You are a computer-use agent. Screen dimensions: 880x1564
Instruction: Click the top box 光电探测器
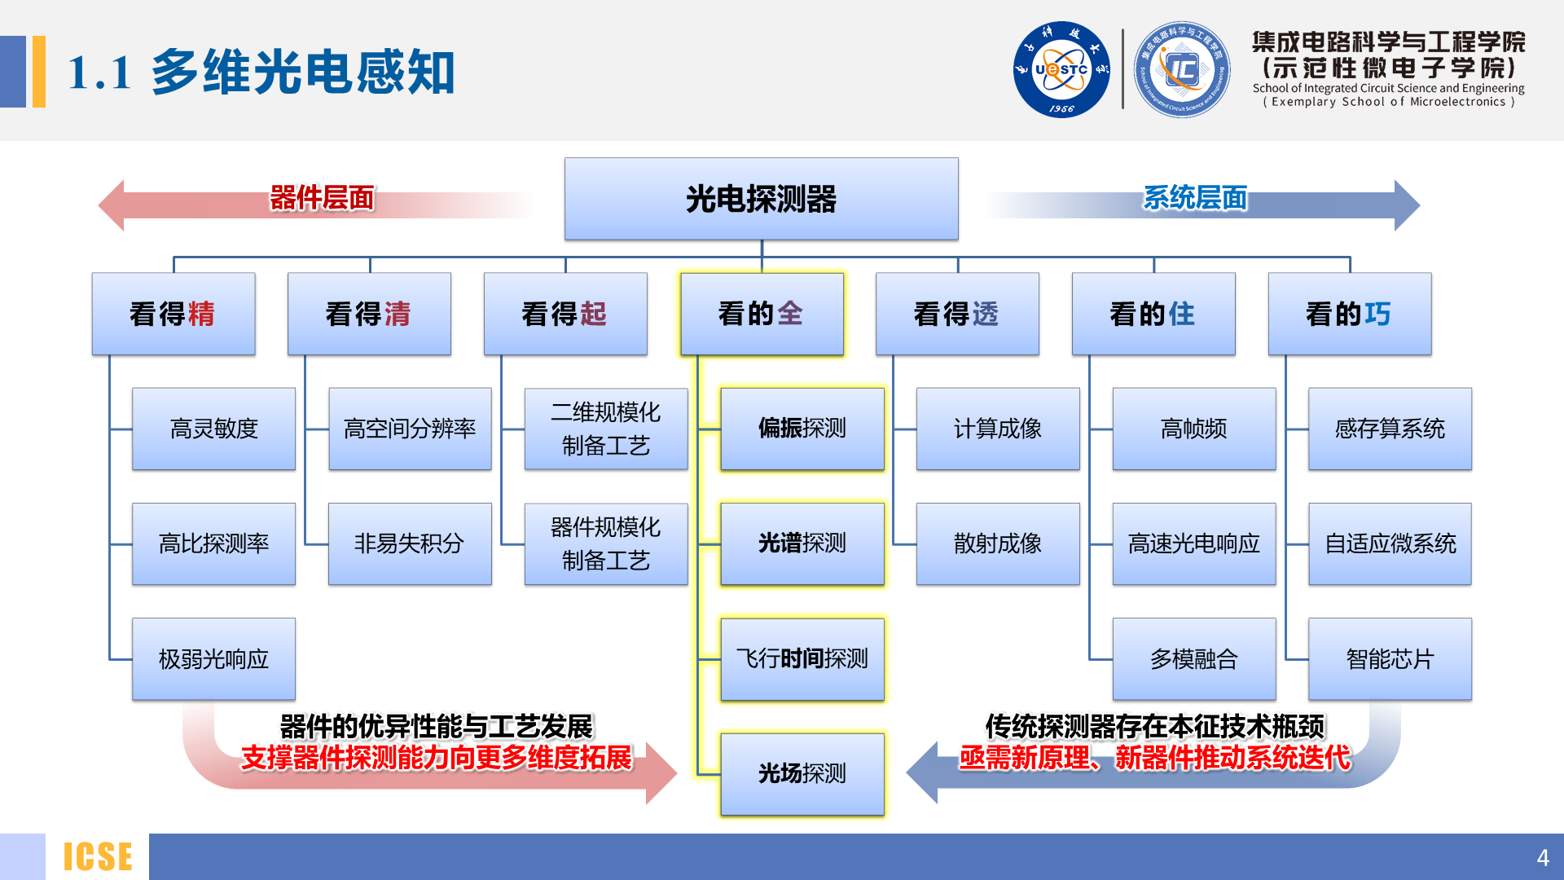(x=761, y=199)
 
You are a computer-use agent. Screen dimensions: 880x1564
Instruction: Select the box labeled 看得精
(x=174, y=314)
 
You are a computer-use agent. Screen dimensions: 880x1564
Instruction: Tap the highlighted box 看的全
(x=762, y=314)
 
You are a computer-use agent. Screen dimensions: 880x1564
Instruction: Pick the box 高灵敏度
(x=213, y=429)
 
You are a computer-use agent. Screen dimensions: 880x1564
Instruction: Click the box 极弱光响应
(x=213, y=658)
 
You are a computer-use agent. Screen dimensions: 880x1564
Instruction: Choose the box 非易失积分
(x=410, y=543)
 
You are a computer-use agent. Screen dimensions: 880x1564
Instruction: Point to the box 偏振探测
(x=802, y=429)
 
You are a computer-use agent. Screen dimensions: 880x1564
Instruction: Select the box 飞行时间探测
(x=802, y=658)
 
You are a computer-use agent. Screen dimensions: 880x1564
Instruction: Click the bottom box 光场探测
(x=802, y=773)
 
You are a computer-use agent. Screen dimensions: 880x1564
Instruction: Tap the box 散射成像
(x=998, y=543)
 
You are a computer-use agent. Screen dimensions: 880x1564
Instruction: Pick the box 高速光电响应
(x=1193, y=543)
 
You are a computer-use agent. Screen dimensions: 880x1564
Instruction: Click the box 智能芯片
(x=1390, y=658)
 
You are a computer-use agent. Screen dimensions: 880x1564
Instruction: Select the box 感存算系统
(x=1390, y=429)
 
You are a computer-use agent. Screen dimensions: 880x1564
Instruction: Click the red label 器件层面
(x=322, y=198)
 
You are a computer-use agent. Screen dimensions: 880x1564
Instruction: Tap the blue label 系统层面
(x=1195, y=198)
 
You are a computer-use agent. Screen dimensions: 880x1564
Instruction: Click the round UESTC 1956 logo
(x=1061, y=69)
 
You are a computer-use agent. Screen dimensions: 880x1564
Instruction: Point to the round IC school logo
(x=1182, y=69)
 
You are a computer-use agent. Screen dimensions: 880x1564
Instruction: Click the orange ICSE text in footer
(x=98, y=856)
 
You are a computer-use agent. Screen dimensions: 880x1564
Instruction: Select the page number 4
(x=1542, y=857)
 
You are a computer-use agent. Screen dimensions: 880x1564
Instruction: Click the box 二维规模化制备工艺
(x=606, y=429)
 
